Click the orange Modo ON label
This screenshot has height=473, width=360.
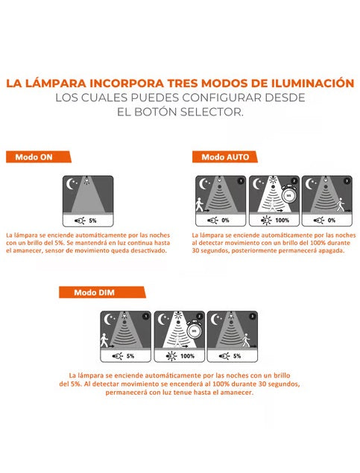39,157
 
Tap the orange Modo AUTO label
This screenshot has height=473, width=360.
225,157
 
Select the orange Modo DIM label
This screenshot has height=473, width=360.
102,292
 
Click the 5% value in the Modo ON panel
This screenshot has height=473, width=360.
92,220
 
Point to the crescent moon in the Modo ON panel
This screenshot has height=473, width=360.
71,184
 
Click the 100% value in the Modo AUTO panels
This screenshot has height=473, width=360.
282,220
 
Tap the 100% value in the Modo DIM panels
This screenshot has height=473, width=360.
187,356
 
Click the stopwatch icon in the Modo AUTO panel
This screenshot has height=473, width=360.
288,195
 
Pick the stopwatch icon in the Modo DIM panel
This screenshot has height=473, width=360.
194,330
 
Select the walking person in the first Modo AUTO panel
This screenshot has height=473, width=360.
199,205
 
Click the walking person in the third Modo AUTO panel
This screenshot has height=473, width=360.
341,205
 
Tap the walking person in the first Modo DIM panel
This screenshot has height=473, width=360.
104,340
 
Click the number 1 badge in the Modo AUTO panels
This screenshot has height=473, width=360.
241,181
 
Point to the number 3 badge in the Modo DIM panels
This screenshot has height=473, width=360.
252,317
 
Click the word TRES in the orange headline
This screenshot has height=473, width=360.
182,83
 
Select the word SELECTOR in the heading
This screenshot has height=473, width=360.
212,112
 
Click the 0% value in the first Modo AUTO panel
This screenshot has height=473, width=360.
225,220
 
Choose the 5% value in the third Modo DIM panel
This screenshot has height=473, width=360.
237,356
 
